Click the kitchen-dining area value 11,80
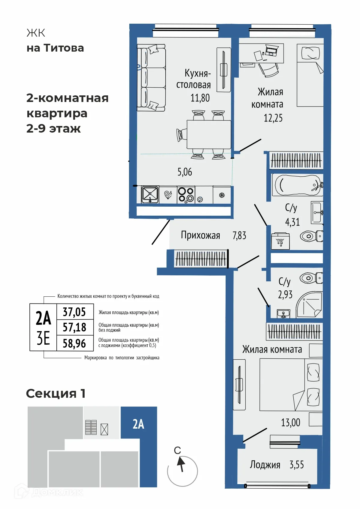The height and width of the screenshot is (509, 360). (200, 98)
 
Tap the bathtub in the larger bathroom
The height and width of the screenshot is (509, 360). (297, 185)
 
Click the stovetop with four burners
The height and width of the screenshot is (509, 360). (186, 195)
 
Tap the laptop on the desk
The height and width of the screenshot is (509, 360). (272, 50)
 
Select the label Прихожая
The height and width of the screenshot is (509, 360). (200, 235)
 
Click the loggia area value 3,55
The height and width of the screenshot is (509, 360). (296, 465)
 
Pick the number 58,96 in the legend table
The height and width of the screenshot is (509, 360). (74, 343)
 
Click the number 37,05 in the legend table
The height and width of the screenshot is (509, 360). (74, 312)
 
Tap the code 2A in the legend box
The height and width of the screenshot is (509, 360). (43, 318)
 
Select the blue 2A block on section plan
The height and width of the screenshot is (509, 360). (139, 424)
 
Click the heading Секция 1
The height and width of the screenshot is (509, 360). (56, 393)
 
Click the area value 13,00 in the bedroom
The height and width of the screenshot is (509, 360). (290, 423)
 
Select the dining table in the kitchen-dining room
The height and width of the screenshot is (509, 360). (208, 134)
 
